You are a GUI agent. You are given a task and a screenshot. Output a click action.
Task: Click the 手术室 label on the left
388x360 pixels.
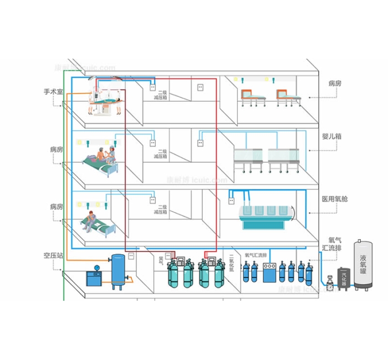coord(53,91)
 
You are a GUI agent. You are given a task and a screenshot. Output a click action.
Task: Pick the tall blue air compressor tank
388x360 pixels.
coord(118,271)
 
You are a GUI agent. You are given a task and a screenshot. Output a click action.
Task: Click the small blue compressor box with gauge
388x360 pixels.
coord(96,277)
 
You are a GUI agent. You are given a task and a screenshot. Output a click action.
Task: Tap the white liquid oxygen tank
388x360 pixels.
coord(363,266)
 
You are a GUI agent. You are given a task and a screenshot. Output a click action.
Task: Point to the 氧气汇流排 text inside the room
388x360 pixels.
coord(256,256)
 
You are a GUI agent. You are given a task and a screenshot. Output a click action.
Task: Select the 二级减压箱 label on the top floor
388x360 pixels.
coord(162,95)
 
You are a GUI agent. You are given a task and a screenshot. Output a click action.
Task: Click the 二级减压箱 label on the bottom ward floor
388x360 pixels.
coord(162,209)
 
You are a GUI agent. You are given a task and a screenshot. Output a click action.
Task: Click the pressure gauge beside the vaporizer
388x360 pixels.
coord(330,286)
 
